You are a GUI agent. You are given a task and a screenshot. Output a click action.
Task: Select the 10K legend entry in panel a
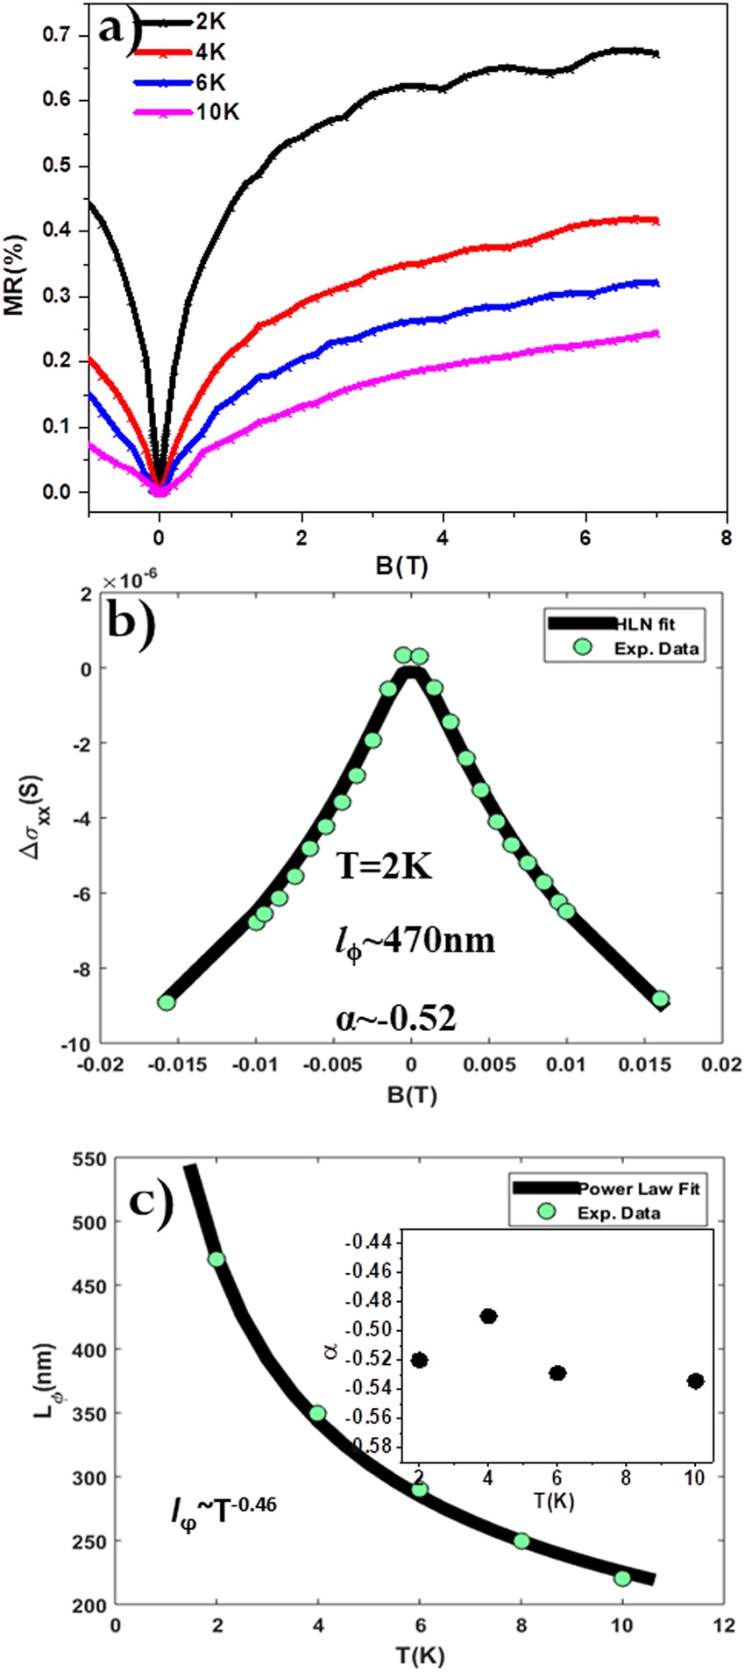pos(216,112)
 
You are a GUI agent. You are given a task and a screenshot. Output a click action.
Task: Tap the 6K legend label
pos(210,82)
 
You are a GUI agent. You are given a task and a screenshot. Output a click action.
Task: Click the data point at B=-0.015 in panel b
pos(167,1002)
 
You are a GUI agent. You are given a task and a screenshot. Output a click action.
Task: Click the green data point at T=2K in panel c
pos(216,1259)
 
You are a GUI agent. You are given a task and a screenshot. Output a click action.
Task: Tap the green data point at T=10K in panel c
pos(622,1578)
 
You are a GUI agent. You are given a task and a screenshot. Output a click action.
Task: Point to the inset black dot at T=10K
pos(696,1381)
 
